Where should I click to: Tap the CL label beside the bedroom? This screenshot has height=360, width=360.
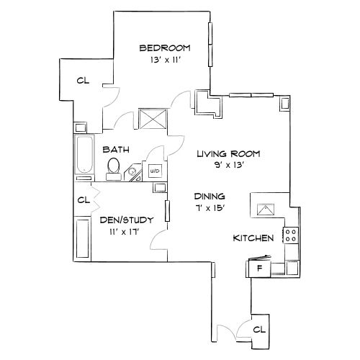(x=84, y=80)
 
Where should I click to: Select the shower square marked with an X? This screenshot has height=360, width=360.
(x=153, y=119)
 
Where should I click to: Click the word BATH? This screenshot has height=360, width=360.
(x=115, y=150)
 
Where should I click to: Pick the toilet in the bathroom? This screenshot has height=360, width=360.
(x=113, y=167)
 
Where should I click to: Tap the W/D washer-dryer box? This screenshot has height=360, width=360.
(x=154, y=172)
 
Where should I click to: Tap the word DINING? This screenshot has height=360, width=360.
(x=210, y=196)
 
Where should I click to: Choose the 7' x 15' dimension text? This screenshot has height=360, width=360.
(x=210, y=209)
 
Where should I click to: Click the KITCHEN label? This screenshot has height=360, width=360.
(x=253, y=238)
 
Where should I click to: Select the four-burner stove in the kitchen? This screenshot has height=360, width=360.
(x=291, y=234)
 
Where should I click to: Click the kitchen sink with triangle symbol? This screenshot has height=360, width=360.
(x=266, y=210)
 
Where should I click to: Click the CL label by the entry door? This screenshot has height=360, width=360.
(x=259, y=329)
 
